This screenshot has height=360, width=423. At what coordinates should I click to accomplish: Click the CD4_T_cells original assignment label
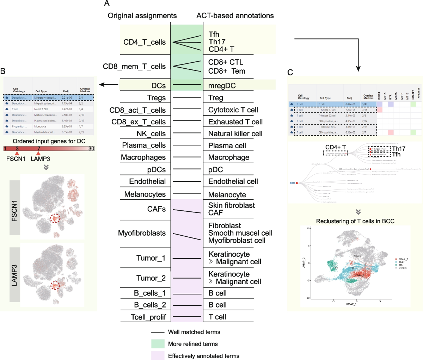144,42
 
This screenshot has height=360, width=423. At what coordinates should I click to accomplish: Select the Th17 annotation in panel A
217,42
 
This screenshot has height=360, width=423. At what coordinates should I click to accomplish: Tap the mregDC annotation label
222,86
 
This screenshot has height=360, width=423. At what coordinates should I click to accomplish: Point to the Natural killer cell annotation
235,134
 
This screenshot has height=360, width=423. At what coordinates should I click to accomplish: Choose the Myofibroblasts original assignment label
142,233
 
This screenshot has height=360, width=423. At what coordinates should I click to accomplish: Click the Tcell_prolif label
148,317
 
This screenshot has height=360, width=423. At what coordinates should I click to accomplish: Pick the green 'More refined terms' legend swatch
158,344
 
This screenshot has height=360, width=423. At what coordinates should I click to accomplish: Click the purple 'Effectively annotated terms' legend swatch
158,356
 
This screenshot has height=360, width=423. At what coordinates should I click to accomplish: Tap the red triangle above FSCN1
17,153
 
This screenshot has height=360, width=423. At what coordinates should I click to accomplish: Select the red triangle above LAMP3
38,153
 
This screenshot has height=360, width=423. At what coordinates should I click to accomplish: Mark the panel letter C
290,73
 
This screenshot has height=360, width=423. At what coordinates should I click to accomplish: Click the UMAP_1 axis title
351,304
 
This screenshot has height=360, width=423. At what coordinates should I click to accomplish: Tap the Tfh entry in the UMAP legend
400,265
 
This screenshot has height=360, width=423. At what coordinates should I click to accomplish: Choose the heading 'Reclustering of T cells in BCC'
355,221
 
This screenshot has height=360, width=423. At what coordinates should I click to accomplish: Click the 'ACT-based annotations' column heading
235,16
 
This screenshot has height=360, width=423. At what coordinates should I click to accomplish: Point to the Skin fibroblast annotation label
231,205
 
